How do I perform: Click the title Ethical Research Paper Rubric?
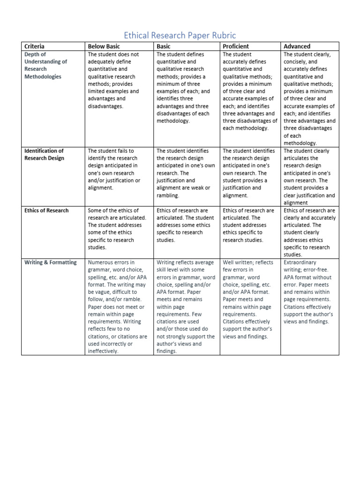pyautogui.click(x=180, y=36)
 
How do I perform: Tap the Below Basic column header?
pyautogui.click(x=104, y=46)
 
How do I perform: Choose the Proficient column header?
pyautogui.click(x=236, y=46)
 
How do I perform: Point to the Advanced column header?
pyautogui.click(x=297, y=46)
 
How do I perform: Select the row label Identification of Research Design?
pyautogui.click(x=44, y=154)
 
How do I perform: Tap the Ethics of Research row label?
pyautogui.click(x=46, y=210)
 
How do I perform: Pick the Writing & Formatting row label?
pyautogui.click(x=50, y=262)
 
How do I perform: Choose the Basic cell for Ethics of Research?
pyautogui.click(x=186, y=225)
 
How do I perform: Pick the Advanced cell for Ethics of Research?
pyautogui.click(x=309, y=232)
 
